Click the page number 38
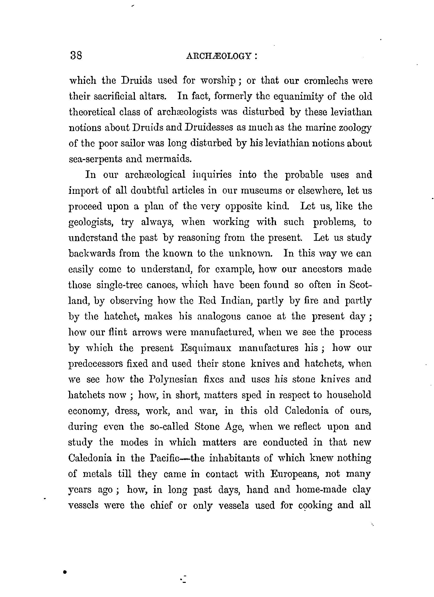point(76,56)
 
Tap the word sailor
point(137,143)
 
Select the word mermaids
point(169,159)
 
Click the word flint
point(117,332)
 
